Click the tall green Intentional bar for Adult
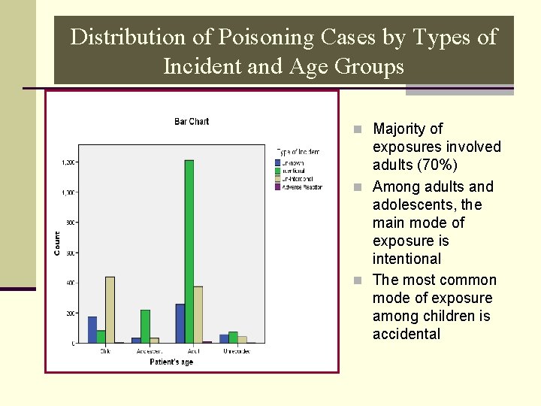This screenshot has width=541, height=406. tap(189, 251)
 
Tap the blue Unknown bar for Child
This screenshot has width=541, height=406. tap(92, 329)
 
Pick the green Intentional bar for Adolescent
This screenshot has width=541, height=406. tap(145, 326)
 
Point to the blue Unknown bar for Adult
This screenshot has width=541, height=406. tap(180, 323)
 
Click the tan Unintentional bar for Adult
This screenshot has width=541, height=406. tap(198, 314)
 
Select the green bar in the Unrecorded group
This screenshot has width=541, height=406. tap(233, 337)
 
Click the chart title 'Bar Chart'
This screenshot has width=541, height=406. tap(192, 121)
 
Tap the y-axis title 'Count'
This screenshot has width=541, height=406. tap(58, 242)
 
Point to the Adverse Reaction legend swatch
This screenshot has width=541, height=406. tap(278, 187)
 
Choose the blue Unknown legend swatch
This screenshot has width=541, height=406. tap(278, 162)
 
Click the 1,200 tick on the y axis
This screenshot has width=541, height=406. tap(68, 162)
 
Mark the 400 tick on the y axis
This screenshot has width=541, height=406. tap(70, 283)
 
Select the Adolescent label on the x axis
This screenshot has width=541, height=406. tap(149, 351)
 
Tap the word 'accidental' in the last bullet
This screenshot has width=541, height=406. tap(406, 335)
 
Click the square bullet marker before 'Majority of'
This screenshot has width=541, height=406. tap(358, 129)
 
